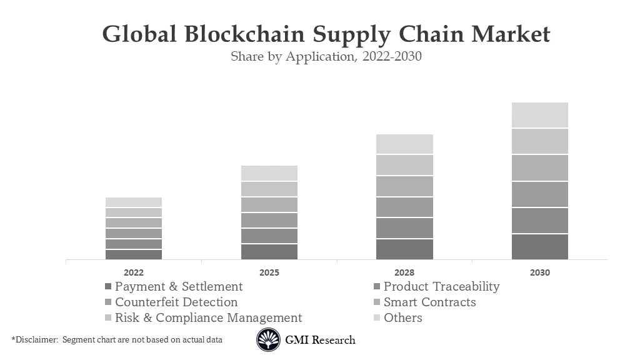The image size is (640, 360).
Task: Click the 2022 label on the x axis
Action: pyautogui.click(x=133, y=272)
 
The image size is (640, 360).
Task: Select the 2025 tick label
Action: pyautogui.click(x=269, y=272)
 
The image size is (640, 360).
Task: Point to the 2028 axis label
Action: pyautogui.click(x=404, y=272)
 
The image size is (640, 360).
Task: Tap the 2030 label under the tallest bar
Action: pyautogui.click(x=540, y=272)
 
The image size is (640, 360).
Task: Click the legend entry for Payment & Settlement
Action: pyautogui.click(x=178, y=287)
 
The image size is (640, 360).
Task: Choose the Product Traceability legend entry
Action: pyautogui.click(x=441, y=287)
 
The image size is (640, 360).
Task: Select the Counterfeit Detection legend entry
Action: pyautogui.click(x=176, y=302)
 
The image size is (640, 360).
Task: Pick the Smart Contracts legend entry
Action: pyautogui.click(x=429, y=302)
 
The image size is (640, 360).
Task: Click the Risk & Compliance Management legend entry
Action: pyautogui.click(x=207, y=318)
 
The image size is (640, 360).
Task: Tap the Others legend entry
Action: pyautogui.click(x=402, y=318)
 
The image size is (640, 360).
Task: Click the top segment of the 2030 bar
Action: pyautogui.click(x=540, y=115)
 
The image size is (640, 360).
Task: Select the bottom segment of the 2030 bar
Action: pyautogui.click(x=540, y=247)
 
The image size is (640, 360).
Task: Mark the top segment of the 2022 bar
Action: pyautogui.click(x=134, y=202)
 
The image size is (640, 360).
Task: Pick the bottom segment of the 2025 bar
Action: pyautogui.click(x=269, y=252)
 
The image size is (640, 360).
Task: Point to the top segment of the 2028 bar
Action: pyautogui.click(x=404, y=144)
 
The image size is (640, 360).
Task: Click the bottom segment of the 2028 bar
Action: pyautogui.click(x=404, y=249)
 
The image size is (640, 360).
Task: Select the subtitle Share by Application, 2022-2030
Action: pyautogui.click(x=326, y=56)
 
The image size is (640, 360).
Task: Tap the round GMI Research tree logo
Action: pyautogui.click(x=268, y=340)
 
